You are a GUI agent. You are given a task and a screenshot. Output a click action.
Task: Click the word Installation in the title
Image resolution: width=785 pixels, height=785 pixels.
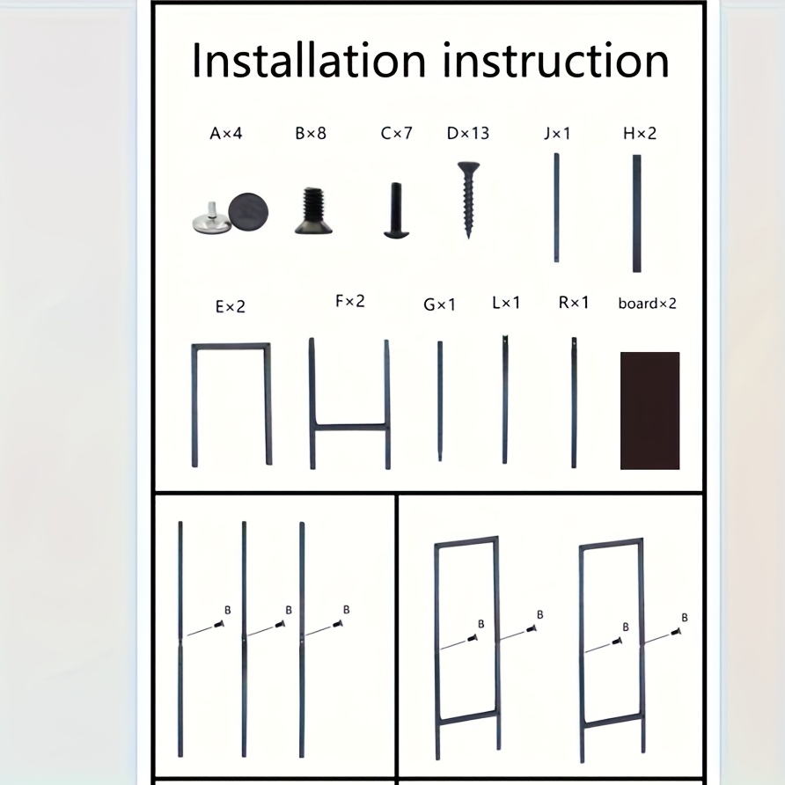pos(308,60)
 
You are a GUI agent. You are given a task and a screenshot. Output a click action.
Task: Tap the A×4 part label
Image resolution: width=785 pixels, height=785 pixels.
pos(226,134)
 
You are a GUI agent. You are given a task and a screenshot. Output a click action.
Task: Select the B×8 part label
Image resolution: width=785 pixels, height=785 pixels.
pos(311,134)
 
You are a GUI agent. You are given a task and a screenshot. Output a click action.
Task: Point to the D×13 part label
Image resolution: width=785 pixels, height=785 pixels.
pos(467,134)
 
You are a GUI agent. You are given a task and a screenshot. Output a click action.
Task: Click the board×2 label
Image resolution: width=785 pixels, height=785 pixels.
pos(648,304)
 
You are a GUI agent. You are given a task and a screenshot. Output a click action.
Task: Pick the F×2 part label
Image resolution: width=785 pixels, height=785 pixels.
pos(350,301)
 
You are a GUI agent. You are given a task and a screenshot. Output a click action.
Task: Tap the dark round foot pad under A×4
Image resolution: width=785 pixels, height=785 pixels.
pos(248,212)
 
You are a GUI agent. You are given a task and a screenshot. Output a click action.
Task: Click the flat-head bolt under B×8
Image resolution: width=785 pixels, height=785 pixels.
pos(313,210)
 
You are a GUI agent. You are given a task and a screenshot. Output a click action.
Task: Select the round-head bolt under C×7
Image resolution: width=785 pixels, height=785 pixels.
pos(397,210)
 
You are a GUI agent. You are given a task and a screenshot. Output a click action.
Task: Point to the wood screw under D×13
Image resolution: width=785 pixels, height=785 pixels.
pos(468,199)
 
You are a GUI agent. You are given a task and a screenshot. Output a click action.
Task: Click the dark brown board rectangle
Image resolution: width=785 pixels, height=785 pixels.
pos(649,410)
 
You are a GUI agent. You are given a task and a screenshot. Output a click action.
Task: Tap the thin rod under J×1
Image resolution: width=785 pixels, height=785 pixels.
pos(556,208)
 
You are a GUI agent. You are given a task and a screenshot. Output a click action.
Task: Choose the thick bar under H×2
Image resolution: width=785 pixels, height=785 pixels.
pos(637,213)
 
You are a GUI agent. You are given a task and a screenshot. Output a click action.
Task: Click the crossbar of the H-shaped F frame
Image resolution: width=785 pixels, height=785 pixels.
pos(350,428)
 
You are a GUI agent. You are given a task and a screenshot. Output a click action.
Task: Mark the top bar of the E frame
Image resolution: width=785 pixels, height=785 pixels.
pos(231,347)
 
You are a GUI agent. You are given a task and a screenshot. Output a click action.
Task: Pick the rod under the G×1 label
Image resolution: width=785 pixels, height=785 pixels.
pos(440,401)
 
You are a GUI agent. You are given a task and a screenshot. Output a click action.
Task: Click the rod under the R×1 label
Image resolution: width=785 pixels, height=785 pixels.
pos(574,403)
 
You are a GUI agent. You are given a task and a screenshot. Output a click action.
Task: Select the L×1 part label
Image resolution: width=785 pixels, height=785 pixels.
pos(506,303)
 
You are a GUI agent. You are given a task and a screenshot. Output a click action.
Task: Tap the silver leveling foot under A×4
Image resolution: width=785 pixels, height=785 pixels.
pos(212,220)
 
